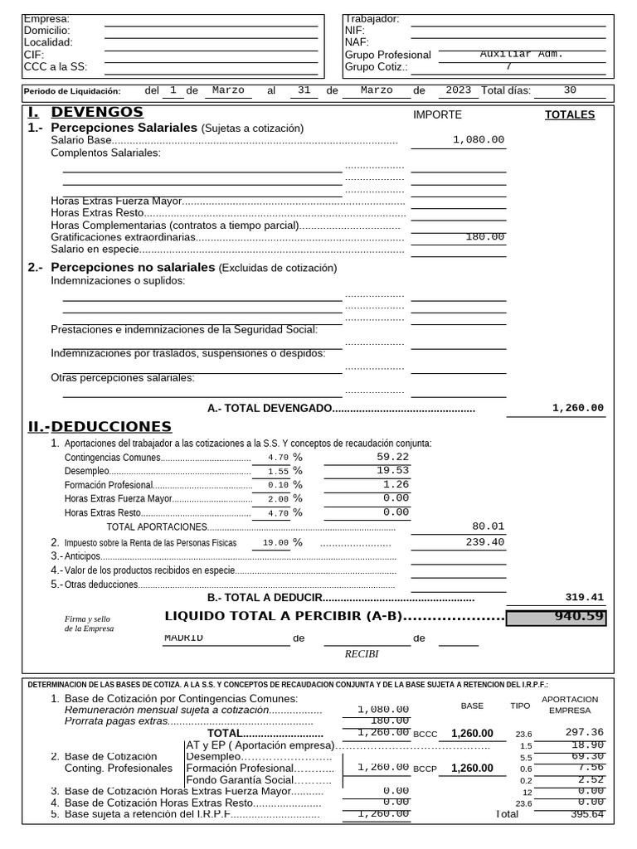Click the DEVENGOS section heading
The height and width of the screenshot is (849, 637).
(x=96, y=112)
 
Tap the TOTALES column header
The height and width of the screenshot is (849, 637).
(x=569, y=115)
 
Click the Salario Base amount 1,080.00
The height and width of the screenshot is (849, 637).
(x=479, y=140)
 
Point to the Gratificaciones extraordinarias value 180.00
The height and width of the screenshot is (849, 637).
(x=484, y=237)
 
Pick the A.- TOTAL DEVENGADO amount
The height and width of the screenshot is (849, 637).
(x=577, y=408)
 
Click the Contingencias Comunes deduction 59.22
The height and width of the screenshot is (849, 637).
(x=392, y=457)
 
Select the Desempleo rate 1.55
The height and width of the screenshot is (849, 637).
(x=278, y=471)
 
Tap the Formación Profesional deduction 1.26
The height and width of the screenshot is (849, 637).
(x=396, y=484)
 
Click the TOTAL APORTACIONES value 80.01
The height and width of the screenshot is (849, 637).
(x=488, y=526)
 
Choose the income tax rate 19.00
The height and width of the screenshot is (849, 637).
(x=275, y=543)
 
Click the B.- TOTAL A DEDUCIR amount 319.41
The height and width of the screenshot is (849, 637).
(x=584, y=597)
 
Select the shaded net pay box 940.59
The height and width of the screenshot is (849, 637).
(x=556, y=617)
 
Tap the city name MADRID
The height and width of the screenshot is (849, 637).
(x=183, y=638)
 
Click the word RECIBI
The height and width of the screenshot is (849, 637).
(x=361, y=654)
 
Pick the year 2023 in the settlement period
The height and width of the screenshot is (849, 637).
(x=458, y=90)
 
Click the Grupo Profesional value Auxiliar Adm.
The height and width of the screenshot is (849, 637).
(x=521, y=54)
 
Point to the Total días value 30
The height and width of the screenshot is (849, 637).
(x=570, y=90)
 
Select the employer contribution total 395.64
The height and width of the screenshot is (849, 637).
(x=586, y=814)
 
